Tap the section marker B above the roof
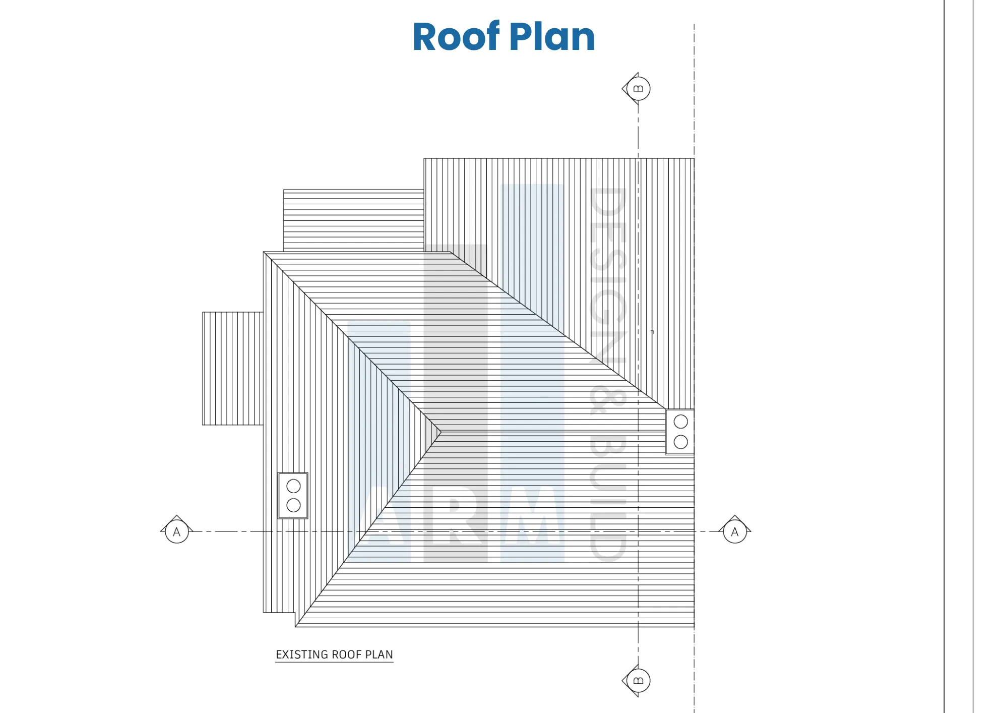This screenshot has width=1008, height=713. [637, 89]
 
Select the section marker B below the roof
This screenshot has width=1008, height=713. [637, 681]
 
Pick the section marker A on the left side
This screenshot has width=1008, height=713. [176, 530]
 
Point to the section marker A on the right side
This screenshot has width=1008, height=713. [735, 530]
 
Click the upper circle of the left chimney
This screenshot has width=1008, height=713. [293, 486]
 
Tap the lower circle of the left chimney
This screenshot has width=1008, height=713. [293, 505]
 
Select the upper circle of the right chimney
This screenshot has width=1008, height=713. [680, 422]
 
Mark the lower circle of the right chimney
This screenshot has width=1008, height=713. [680, 442]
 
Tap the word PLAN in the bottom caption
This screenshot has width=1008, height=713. [379, 655]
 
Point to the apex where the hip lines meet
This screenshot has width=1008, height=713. [441, 432]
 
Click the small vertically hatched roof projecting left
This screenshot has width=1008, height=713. [233, 369]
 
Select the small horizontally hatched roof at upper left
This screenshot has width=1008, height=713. [354, 220]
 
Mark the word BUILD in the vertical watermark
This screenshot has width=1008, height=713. [608, 497]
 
